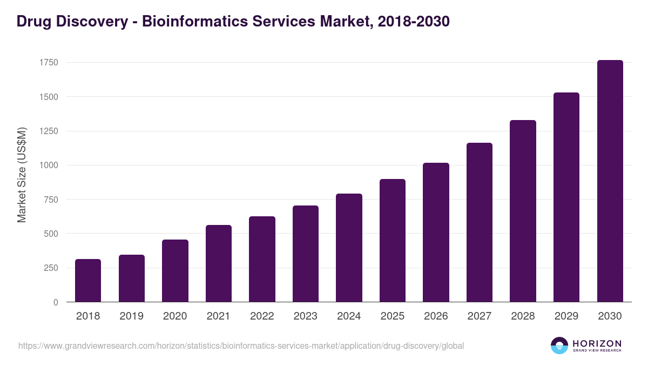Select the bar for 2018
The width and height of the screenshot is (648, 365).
(88, 281)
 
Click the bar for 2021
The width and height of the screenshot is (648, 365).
(219, 263)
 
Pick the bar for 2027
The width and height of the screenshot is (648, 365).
(480, 222)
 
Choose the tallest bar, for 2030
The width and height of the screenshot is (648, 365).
(610, 181)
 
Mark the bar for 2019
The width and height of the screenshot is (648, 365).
(132, 278)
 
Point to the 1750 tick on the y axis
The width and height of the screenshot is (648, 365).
(49, 63)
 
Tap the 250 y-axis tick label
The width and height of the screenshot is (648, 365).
(51, 268)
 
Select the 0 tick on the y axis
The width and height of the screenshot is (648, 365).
(56, 302)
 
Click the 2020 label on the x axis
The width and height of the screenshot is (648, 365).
(175, 316)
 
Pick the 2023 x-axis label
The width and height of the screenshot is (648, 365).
(306, 316)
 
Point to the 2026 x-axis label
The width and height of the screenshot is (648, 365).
(436, 316)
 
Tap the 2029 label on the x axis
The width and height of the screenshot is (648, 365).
(566, 316)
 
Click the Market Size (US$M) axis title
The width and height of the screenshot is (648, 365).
(22, 175)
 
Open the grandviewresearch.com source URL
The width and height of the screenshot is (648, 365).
(241, 346)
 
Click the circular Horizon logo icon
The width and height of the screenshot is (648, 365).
(559, 346)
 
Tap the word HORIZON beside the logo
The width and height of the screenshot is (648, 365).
(597, 343)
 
